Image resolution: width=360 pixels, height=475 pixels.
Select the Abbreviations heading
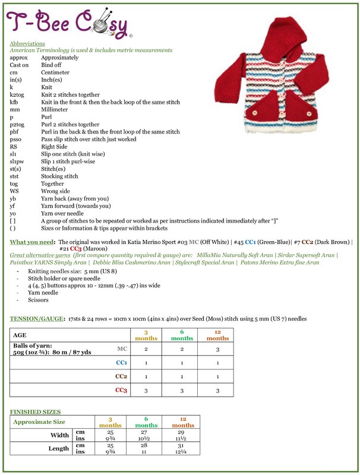[27, 44]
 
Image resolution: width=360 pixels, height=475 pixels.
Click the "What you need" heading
[31, 242]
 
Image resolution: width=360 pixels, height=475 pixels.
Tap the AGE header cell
[20, 335]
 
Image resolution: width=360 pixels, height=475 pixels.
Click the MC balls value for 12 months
[218, 350]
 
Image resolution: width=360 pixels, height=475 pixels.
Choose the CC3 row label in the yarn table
[120, 390]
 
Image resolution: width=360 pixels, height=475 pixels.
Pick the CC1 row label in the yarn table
[121, 362]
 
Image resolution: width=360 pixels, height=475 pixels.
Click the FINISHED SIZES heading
[35, 411]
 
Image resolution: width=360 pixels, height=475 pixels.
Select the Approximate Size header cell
[39, 422]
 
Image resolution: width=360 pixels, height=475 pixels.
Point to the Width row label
[59, 435]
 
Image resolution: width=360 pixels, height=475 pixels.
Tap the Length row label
[59, 449]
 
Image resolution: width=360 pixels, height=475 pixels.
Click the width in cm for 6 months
[146, 432]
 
